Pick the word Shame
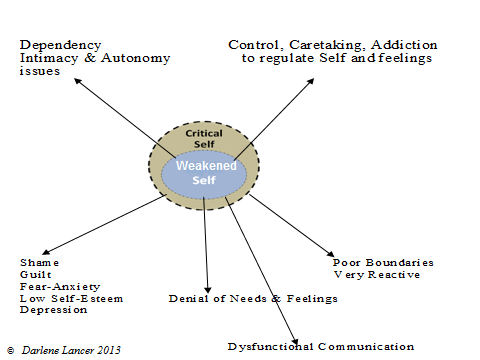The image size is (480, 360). [x=33, y=262]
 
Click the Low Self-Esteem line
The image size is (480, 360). [x=61, y=298]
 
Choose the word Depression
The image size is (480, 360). [x=49, y=310]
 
